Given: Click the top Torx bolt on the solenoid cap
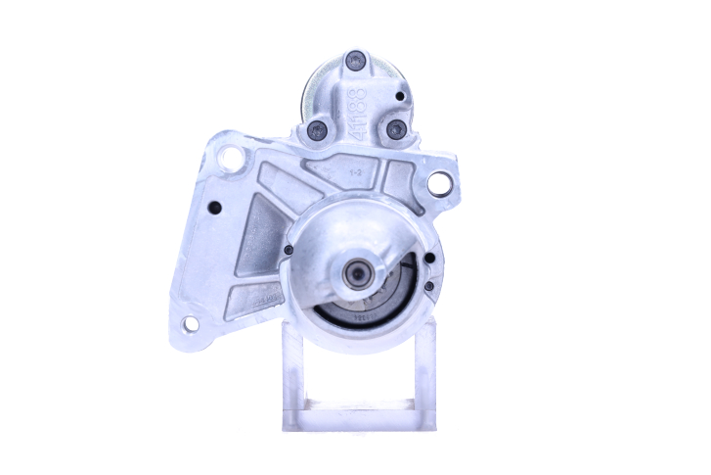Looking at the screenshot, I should [x=356, y=61].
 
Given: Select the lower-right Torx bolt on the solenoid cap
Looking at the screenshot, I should [x=396, y=128].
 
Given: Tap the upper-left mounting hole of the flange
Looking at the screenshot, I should [x=231, y=158].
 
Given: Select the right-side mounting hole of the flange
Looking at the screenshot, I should [x=440, y=182].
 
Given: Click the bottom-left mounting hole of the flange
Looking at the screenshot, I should [x=190, y=322].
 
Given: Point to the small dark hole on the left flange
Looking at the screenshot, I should [x=215, y=206].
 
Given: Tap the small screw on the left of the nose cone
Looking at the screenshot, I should [x=289, y=250].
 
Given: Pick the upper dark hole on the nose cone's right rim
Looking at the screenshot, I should [x=429, y=261].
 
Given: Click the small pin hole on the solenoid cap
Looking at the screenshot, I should [x=401, y=96].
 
